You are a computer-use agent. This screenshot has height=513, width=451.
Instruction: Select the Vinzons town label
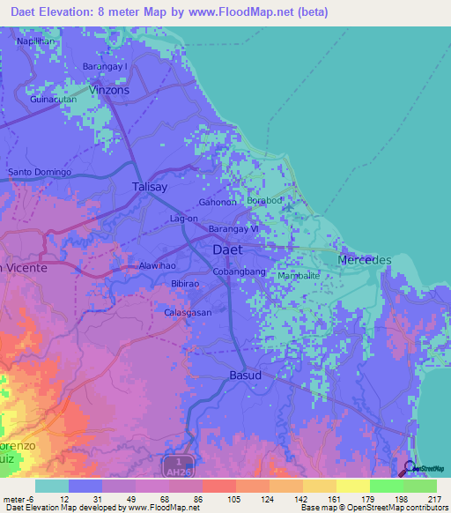[x=109, y=90]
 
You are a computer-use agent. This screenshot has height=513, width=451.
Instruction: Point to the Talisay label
[x=148, y=187]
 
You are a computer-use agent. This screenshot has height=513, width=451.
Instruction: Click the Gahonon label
[x=218, y=202]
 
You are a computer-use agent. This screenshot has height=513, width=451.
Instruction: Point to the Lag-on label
[x=183, y=218]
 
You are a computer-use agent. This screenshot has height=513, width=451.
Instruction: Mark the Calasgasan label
[x=188, y=312]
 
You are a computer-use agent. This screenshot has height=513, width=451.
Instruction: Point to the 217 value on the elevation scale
[x=434, y=499]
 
